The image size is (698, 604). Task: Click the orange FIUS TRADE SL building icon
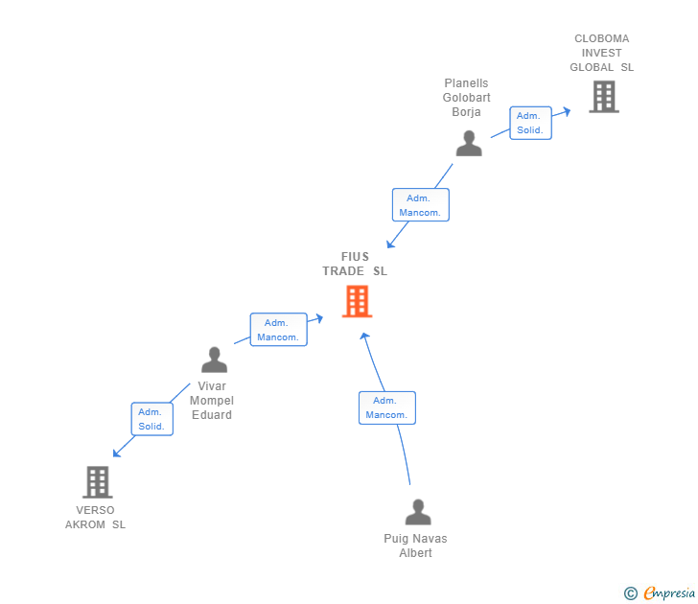tap(357, 301)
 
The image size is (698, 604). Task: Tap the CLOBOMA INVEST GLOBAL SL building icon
tap(603, 97)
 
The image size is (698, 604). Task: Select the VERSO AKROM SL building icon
tap(97, 481)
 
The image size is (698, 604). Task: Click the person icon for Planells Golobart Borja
tap(469, 143)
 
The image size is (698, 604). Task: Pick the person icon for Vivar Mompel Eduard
tap(214, 360)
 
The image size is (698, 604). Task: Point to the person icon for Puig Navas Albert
tap(418, 512)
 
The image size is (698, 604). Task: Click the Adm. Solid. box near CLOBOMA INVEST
tap(530, 123)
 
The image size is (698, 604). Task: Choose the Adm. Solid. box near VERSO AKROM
tap(151, 419)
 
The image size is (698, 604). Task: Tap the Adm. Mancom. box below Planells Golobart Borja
tap(420, 205)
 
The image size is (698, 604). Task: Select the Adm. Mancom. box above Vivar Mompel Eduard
tap(278, 330)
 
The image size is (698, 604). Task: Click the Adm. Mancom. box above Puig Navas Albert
tap(386, 407)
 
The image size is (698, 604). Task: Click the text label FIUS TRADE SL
tap(355, 264)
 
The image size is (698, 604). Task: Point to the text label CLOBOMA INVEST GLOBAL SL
tap(602, 53)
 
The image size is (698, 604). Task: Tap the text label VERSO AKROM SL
tap(95, 518)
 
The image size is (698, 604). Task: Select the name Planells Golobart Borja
tap(466, 98)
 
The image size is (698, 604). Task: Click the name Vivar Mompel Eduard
tap(211, 401)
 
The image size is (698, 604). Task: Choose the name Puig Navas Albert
tap(415, 546)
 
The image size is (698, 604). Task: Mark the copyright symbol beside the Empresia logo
tap(631, 593)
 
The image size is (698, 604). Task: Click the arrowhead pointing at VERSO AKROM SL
tap(116, 453)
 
